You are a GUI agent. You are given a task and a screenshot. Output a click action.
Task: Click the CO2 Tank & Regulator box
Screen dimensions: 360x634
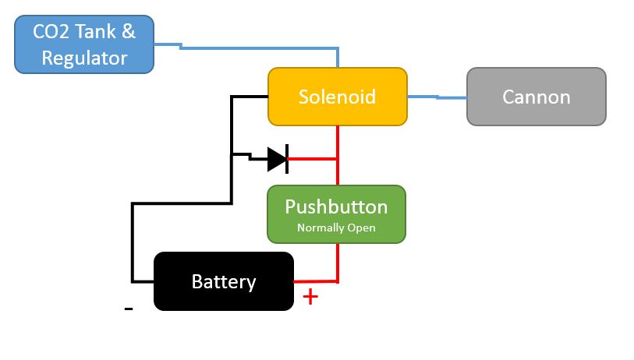(84, 45)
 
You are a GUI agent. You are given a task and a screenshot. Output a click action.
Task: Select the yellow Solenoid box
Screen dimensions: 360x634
(337, 97)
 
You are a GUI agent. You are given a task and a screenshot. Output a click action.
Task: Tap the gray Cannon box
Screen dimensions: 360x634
(536, 97)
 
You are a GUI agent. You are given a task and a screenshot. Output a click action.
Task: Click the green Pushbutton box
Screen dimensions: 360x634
(336, 214)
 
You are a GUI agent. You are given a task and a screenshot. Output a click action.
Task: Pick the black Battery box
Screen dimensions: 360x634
(223, 281)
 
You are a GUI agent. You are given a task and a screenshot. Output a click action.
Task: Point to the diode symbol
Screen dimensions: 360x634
(278, 159)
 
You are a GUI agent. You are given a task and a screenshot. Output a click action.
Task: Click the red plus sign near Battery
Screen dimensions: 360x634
(310, 297)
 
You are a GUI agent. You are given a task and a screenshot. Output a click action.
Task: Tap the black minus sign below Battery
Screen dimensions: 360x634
(129, 309)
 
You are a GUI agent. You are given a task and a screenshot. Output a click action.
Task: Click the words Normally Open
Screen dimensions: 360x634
(336, 228)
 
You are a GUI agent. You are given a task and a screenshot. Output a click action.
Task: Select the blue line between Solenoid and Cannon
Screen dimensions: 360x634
(437, 97)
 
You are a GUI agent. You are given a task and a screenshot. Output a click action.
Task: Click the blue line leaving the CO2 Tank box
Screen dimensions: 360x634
(234, 48)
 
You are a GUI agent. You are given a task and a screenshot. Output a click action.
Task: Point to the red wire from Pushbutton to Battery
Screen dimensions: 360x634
(338, 261)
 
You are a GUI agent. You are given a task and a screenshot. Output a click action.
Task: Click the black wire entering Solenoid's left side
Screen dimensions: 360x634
(250, 97)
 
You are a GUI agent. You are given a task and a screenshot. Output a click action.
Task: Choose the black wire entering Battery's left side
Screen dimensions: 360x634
(142, 281)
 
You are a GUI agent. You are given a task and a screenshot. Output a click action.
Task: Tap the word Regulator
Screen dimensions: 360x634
(84, 58)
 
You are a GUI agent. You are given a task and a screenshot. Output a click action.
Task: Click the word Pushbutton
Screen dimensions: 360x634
(336, 207)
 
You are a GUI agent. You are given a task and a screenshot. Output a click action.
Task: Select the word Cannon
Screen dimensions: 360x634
(536, 97)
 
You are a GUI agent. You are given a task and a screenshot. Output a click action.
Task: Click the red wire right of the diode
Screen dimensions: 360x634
(312, 159)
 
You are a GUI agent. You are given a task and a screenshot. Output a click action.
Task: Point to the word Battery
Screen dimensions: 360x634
(223, 281)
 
